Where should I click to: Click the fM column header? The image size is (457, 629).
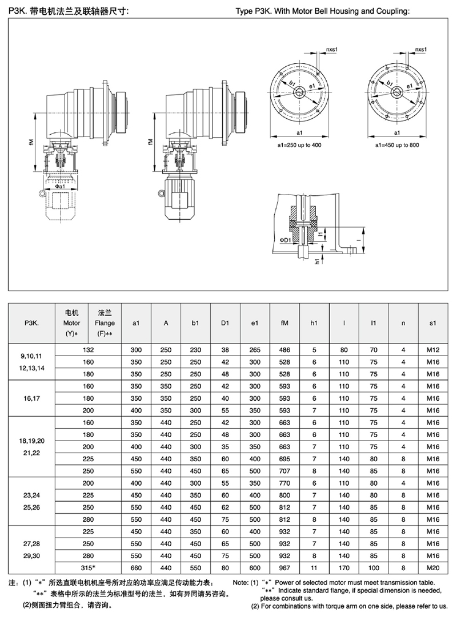click(x=284, y=323)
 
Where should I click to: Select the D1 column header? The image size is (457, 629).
click(x=225, y=323)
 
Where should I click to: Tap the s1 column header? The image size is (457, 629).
click(x=433, y=323)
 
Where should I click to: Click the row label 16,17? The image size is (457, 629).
click(x=32, y=398)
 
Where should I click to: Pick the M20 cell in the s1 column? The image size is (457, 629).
click(x=433, y=568)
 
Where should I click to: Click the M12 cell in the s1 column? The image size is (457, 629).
click(x=433, y=350)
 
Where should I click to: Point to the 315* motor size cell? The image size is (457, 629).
click(x=89, y=568)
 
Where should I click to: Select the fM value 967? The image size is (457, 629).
click(x=284, y=568)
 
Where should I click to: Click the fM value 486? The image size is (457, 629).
click(x=284, y=350)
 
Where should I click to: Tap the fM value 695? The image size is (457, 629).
click(x=284, y=459)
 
